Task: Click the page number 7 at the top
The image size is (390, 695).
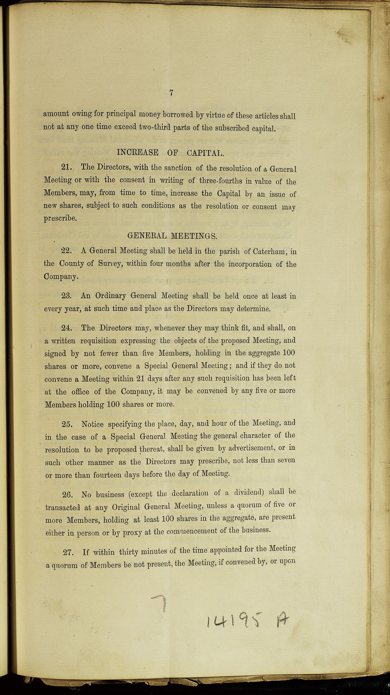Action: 171,93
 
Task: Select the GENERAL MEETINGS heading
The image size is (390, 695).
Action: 172,237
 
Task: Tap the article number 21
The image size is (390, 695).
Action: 66,167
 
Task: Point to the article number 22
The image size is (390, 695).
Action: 66,251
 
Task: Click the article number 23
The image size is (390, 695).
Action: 66,295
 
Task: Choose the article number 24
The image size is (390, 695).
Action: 66,328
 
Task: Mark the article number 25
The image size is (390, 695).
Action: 67,424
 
